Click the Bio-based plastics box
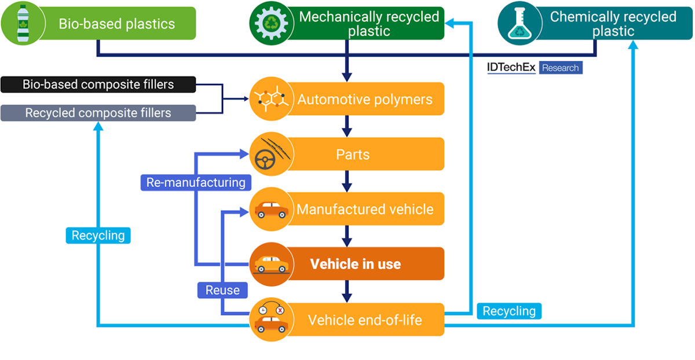(116, 24)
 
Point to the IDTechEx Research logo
(534, 68)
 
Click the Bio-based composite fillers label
(98, 85)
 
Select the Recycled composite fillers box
(98, 113)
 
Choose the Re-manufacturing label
(196, 183)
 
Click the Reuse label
(222, 290)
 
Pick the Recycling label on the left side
(98, 236)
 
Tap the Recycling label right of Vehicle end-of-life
(509, 311)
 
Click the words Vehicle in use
(355, 265)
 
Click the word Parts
(353, 155)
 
